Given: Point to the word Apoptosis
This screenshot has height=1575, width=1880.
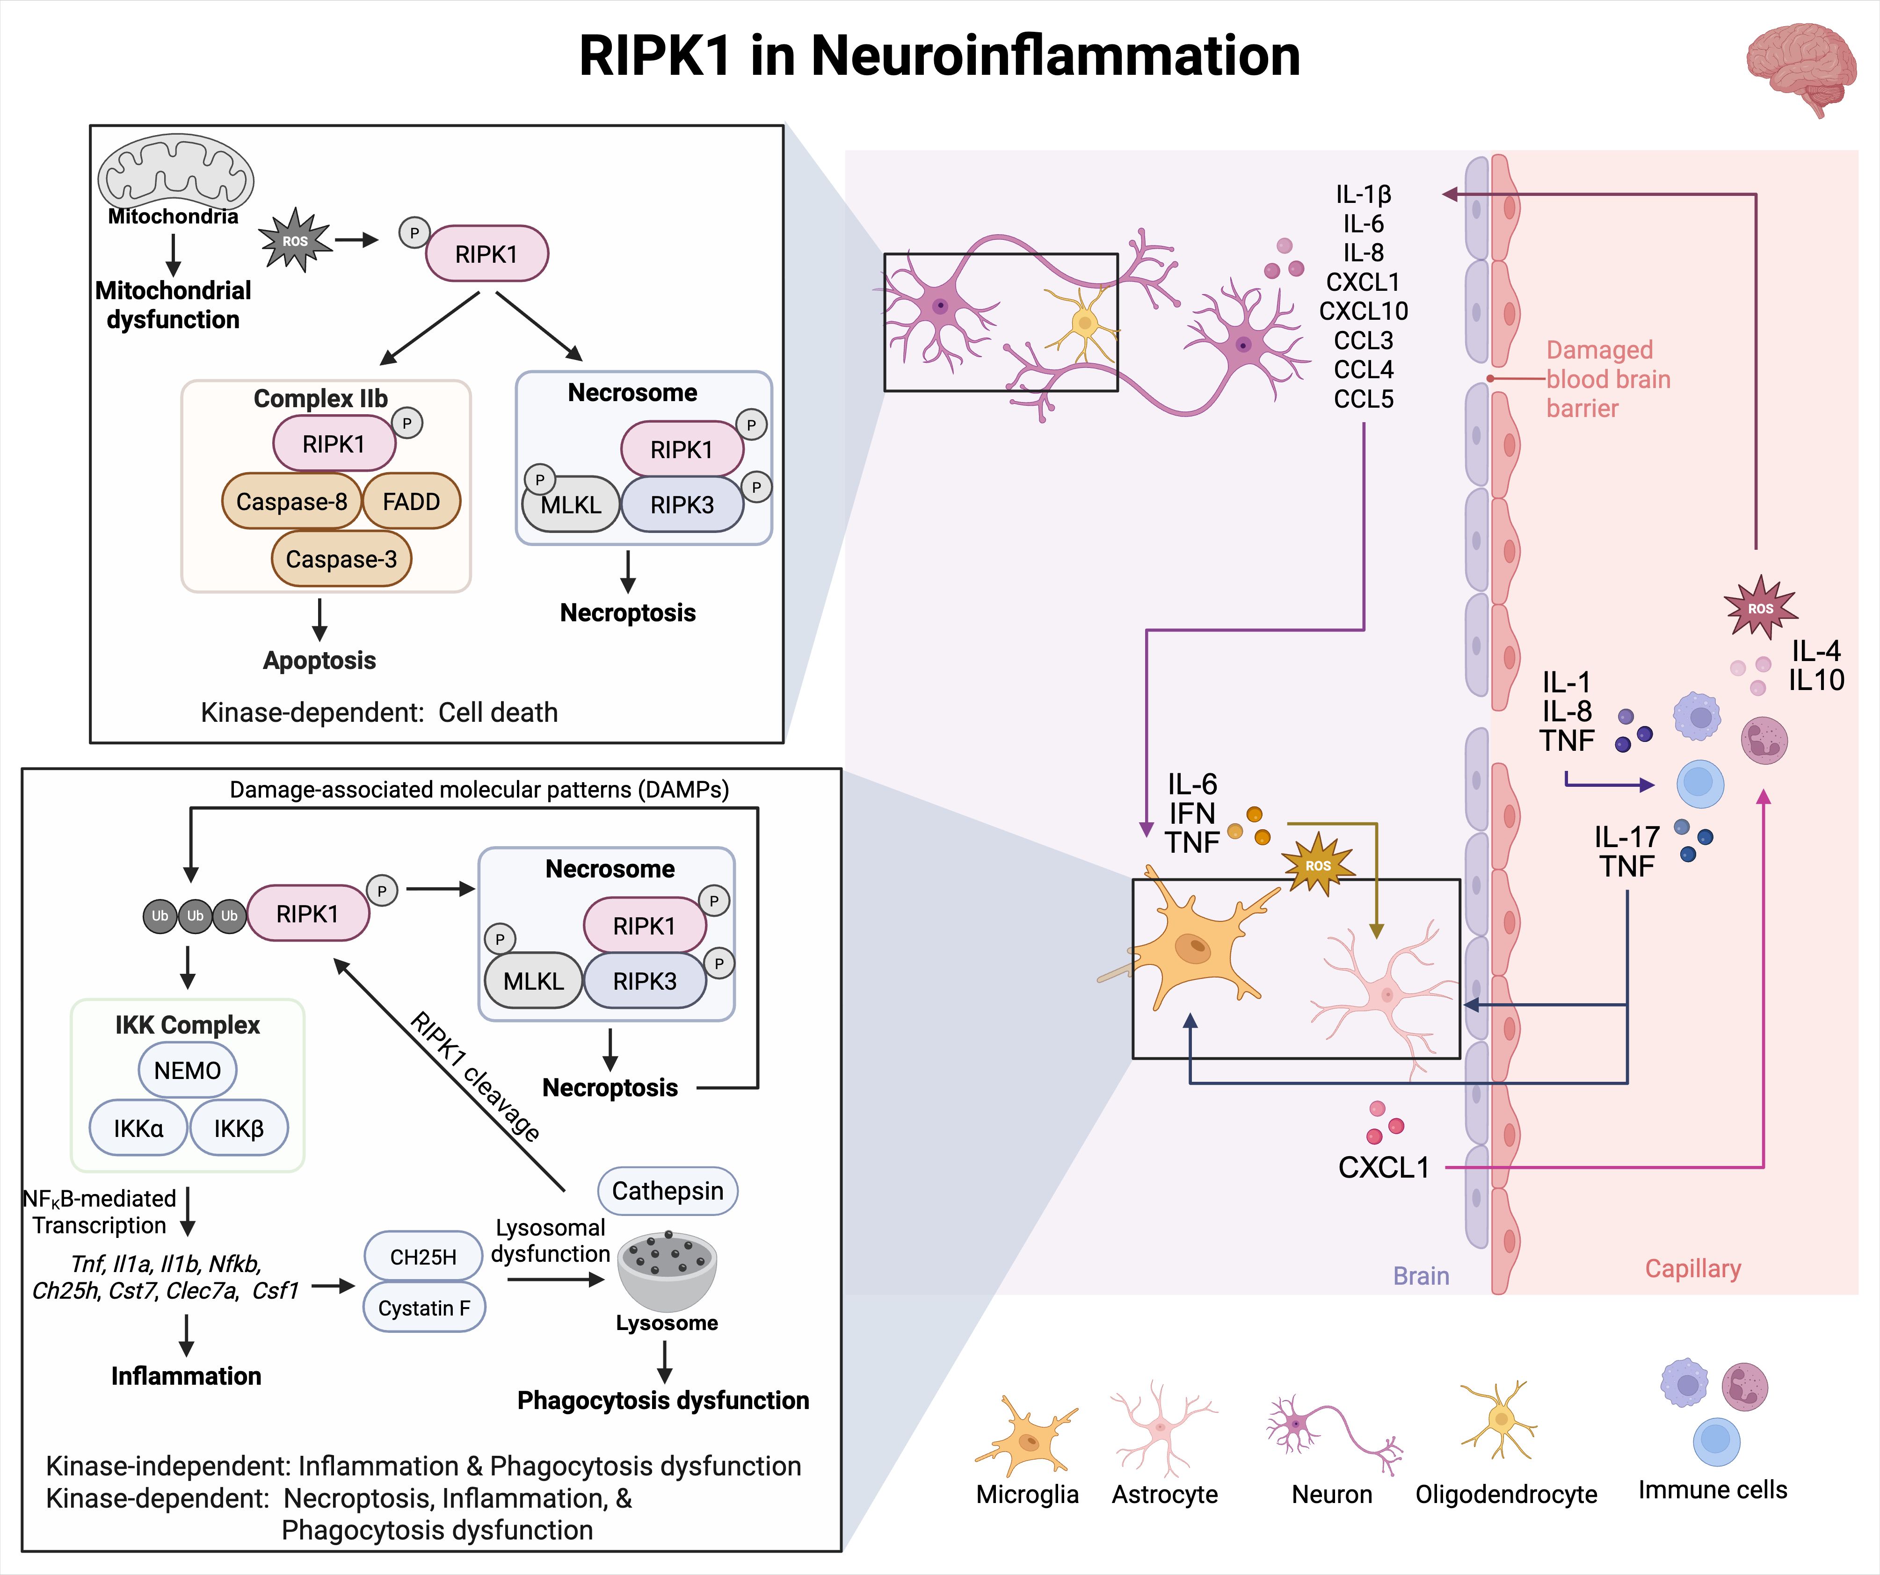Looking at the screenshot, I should tap(319, 661).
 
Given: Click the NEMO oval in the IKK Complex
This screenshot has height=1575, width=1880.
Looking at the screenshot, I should tap(187, 1070).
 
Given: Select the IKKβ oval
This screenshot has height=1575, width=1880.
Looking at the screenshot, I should tap(238, 1129).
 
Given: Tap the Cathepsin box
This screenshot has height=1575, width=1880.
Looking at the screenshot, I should tap(668, 1191).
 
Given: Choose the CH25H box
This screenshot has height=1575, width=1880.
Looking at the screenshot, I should tap(423, 1257).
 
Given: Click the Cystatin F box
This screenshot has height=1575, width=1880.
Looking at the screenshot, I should tap(423, 1309).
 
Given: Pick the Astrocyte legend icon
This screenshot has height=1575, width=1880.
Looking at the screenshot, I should tap(1161, 1427).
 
